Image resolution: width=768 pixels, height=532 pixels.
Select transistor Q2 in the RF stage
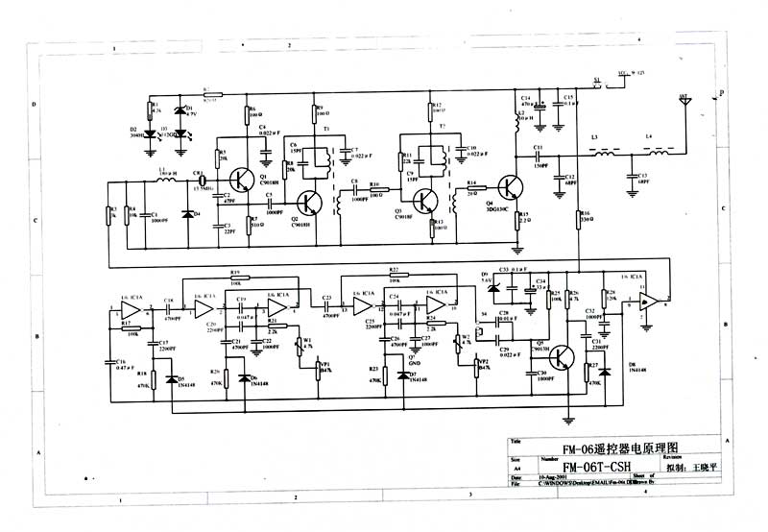click(309, 203)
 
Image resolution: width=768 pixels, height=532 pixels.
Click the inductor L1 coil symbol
click(165, 180)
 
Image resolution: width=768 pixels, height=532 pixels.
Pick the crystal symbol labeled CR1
click(200, 180)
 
